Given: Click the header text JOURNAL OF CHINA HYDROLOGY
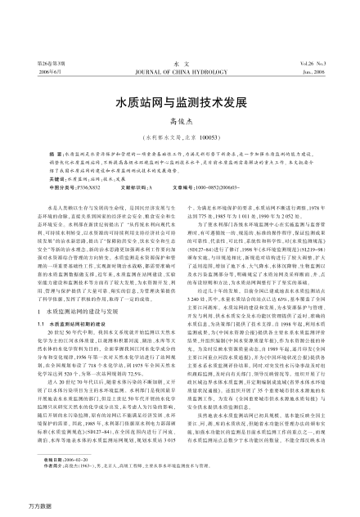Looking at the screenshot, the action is click(179, 26).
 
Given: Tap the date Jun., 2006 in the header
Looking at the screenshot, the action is click(325, 26).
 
